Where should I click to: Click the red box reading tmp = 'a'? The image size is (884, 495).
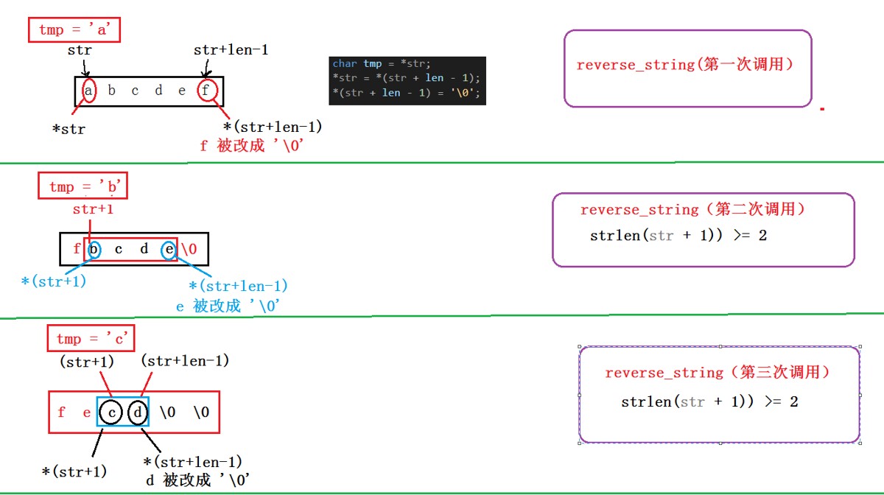(75, 30)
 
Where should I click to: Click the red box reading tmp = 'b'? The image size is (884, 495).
(83, 187)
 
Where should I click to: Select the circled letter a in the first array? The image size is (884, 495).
(88, 91)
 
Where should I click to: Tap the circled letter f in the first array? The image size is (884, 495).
(207, 91)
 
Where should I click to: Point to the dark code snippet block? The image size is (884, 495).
(407, 80)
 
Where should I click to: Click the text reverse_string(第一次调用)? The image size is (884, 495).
(684, 65)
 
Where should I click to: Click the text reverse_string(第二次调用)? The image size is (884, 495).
(692, 210)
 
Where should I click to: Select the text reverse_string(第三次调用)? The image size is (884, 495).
(718, 373)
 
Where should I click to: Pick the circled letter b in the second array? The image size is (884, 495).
(94, 249)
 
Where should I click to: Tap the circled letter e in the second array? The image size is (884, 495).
(169, 249)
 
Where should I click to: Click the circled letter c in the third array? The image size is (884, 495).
(112, 412)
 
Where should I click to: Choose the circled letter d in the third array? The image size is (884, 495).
(138, 412)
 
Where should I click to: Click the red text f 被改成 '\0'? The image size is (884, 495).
(253, 146)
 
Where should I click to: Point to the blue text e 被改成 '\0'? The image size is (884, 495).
(228, 306)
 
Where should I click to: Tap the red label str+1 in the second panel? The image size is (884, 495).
(93, 210)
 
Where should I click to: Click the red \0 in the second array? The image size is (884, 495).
(189, 249)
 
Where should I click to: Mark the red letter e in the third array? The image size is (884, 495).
(87, 412)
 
